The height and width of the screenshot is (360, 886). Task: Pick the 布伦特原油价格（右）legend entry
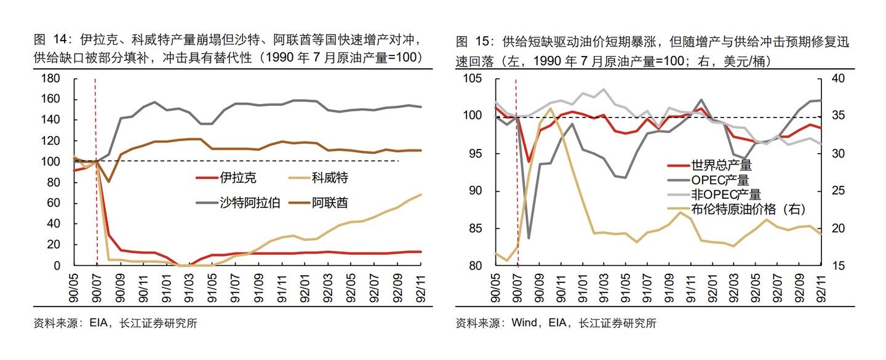pos(748,209)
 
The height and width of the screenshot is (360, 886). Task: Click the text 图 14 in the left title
pos(49,41)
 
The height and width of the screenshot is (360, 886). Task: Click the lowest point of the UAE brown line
pos(109,182)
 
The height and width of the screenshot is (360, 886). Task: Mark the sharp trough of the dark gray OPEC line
pos(528,238)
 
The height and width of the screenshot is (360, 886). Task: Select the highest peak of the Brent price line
pos(551,108)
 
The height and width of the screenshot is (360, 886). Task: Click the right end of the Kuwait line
pos(421,194)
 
